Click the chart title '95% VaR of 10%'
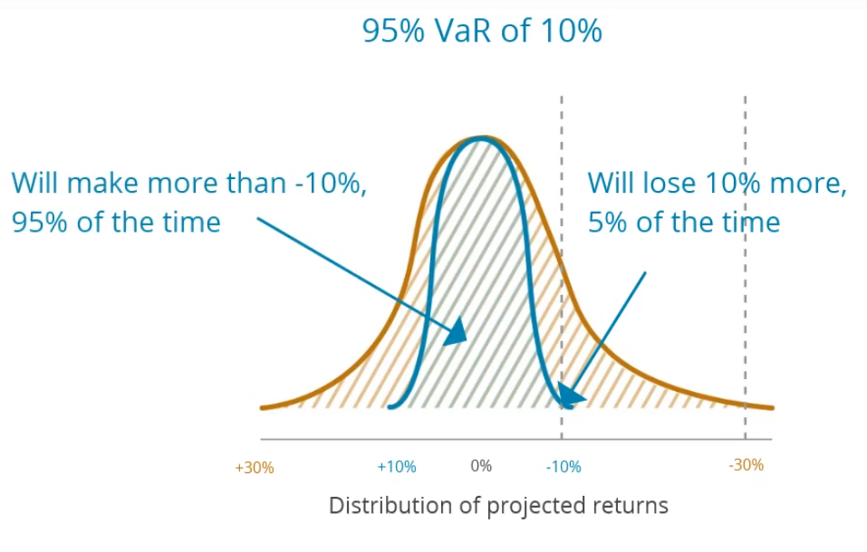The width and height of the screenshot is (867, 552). pyautogui.click(x=482, y=32)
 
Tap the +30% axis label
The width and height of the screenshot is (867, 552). pyautogui.click(x=254, y=468)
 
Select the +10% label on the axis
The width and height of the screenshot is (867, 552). pyautogui.click(x=396, y=467)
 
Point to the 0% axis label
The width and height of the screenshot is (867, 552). pyautogui.click(x=480, y=466)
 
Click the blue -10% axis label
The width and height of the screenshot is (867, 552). pyautogui.click(x=563, y=467)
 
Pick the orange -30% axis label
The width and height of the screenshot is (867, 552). pyautogui.click(x=746, y=465)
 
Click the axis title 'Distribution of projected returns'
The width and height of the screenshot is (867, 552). pyautogui.click(x=498, y=505)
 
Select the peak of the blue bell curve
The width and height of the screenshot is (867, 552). pyautogui.click(x=481, y=138)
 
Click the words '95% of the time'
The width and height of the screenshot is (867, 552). pyautogui.click(x=116, y=223)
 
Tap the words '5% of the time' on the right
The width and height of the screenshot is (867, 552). pyautogui.click(x=683, y=223)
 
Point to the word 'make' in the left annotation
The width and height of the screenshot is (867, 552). pyautogui.click(x=120, y=183)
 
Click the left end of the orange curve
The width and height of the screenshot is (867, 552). pyautogui.click(x=263, y=408)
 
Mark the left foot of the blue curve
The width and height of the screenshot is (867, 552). pyautogui.click(x=390, y=407)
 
